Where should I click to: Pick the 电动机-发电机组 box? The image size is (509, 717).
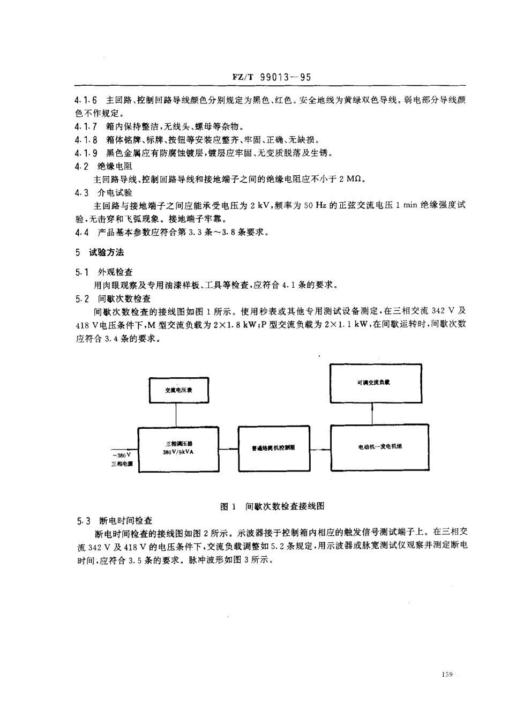click(x=380, y=447)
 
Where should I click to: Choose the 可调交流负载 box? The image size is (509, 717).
click(x=376, y=383)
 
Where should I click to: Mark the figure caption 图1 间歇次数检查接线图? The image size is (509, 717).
click(x=273, y=506)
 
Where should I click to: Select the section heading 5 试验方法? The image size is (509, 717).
click(x=100, y=252)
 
